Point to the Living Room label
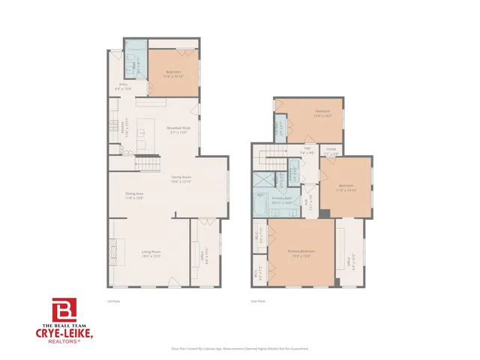point(152,253)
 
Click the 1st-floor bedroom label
point(175,73)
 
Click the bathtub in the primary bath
point(260,205)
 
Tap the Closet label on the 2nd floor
point(331,150)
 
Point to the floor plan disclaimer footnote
point(240,349)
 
